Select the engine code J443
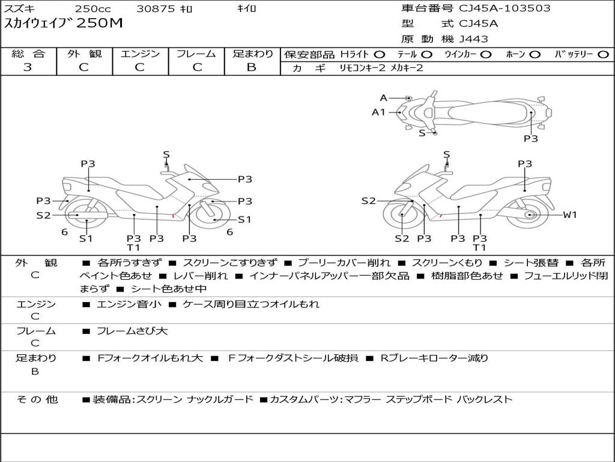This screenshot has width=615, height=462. click(x=474, y=39)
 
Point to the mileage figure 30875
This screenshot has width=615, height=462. click(x=156, y=9)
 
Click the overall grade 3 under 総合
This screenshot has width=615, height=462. click(x=28, y=67)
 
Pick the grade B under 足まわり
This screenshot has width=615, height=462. click(x=252, y=67)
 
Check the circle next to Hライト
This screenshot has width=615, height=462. click(x=380, y=55)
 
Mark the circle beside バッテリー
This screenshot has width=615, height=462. click(x=604, y=55)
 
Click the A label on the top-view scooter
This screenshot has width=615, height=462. click(x=384, y=98)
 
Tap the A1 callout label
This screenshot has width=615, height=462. click(x=378, y=112)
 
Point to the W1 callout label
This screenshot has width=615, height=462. click(x=569, y=215)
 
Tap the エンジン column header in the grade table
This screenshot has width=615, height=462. click(x=140, y=54)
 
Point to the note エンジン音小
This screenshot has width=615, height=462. click(x=129, y=304)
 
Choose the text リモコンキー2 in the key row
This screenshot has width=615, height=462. click(x=362, y=68)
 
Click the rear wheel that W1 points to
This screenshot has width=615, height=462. click(x=530, y=215)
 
